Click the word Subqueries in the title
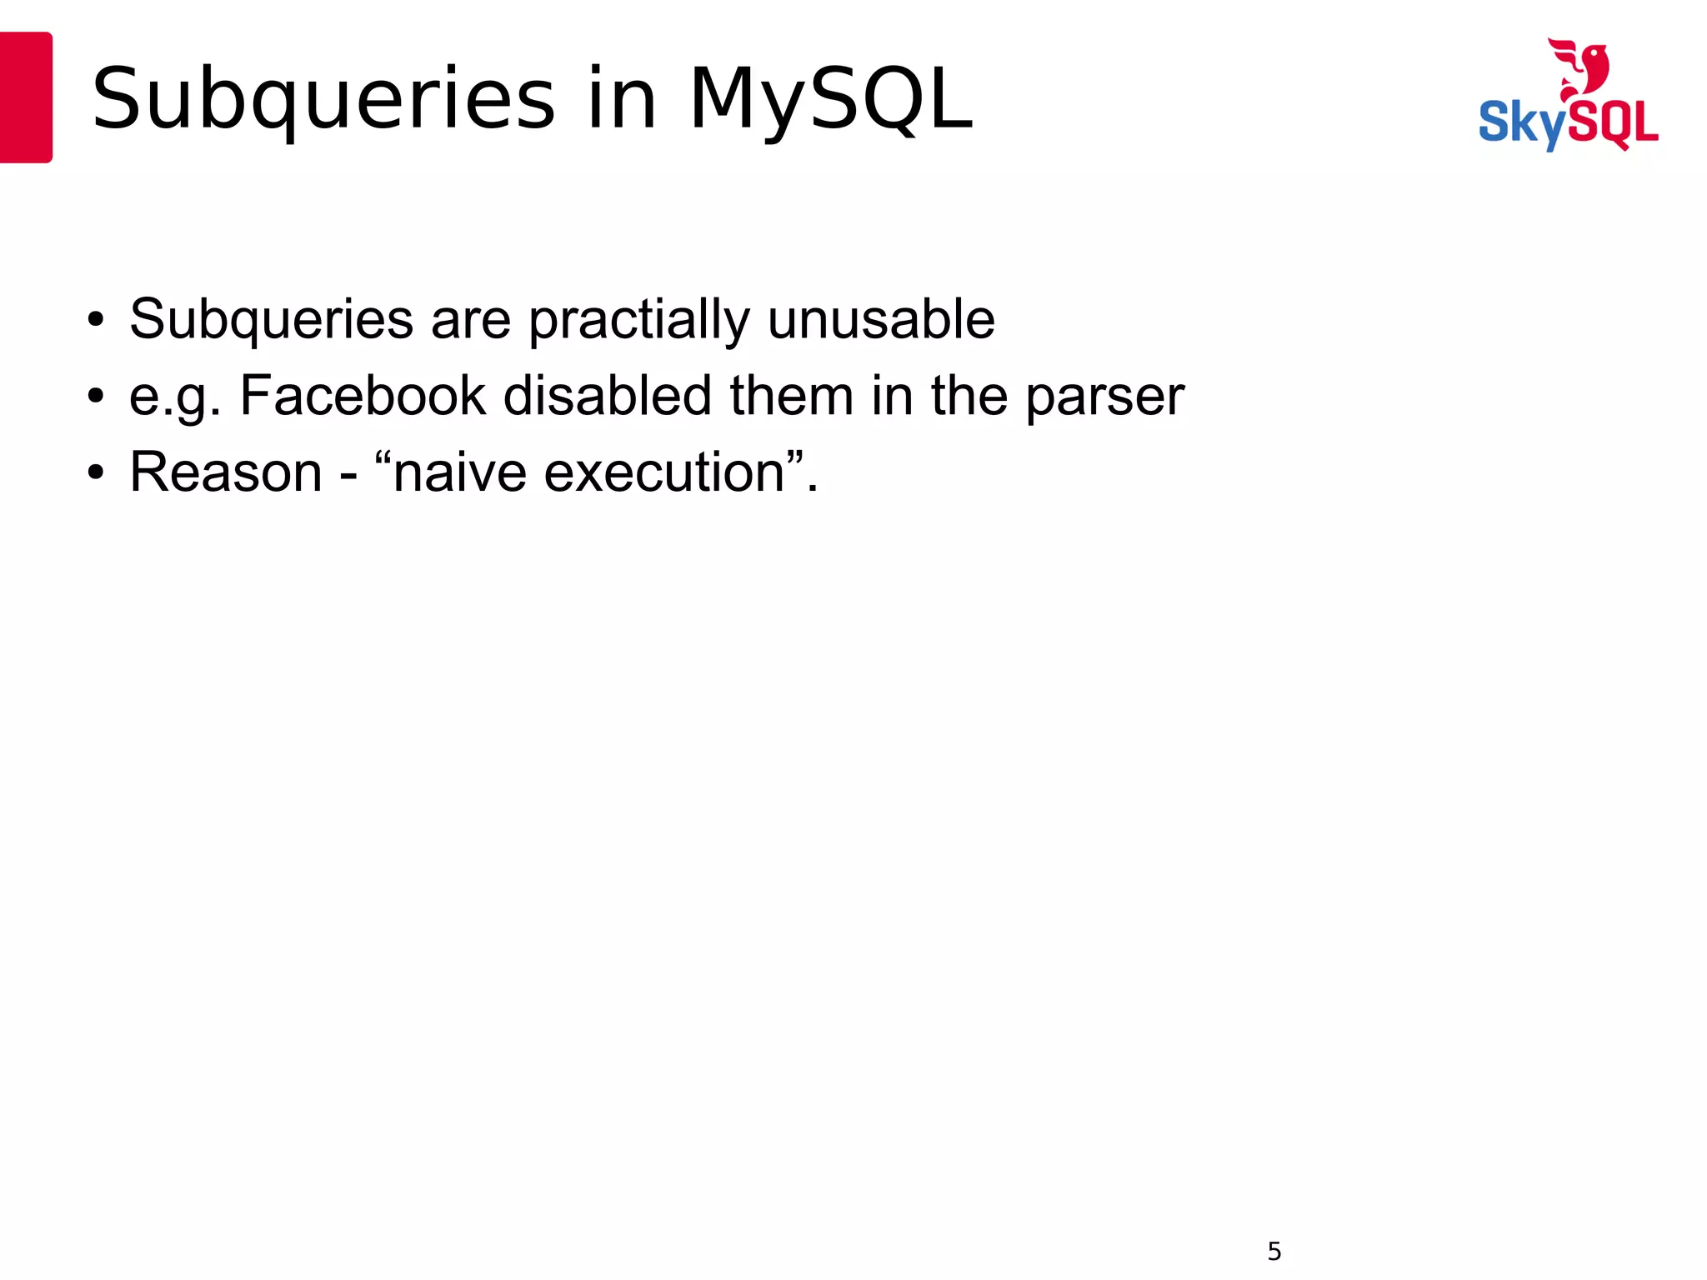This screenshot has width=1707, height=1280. [x=323, y=100]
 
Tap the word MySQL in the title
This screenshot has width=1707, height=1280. [x=830, y=100]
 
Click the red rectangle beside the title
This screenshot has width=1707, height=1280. [x=26, y=97]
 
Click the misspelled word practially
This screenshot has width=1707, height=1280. [x=638, y=320]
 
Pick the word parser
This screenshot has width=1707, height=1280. [x=1104, y=397]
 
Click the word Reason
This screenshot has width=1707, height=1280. [x=226, y=472]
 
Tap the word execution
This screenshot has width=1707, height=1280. [x=664, y=472]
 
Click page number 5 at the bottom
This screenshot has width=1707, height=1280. [x=1274, y=1251]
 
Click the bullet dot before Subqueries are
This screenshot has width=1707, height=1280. [x=96, y=320]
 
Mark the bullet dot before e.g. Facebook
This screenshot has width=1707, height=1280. [x=96, y=397]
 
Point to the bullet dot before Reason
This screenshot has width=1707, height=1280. [x=96, y=473]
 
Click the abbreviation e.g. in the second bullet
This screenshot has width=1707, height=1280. [x=175, y=397]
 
